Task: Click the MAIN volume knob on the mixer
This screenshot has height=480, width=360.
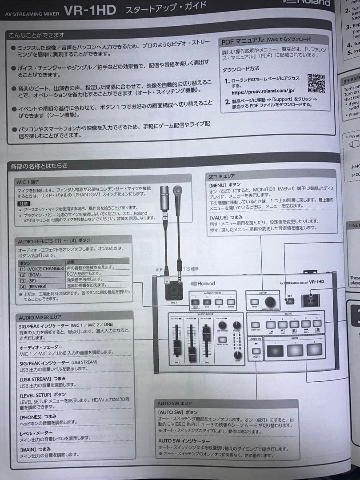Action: coord(238,354)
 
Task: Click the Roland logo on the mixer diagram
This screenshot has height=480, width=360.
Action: coord(203,283)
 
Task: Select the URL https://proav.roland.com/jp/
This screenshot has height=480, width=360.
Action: coord(263,92)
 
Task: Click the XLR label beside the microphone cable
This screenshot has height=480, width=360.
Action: coord(159,269)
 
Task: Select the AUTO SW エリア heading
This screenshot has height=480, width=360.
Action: coord(175,403)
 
